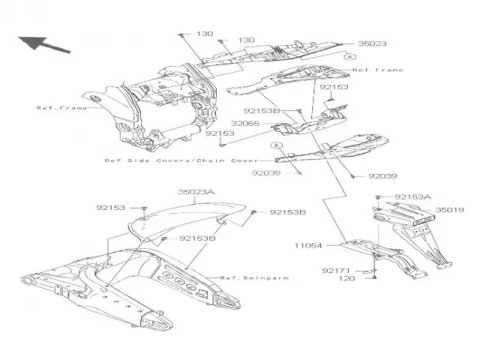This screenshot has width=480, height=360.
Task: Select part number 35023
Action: point(371,44)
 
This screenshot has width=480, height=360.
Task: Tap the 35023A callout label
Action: point(196,193)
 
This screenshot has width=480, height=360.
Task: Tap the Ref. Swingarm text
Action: point(254,277)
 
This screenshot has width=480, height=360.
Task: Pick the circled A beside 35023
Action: point(349,57)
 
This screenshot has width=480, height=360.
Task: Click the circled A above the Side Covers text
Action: point(276,145)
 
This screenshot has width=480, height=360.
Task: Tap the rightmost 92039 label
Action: point(383,177)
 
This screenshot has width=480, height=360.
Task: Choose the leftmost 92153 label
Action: point(111,207)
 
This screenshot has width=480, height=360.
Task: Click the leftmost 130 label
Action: point(205,34)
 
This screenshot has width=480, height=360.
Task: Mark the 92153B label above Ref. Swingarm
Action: point(197,238)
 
